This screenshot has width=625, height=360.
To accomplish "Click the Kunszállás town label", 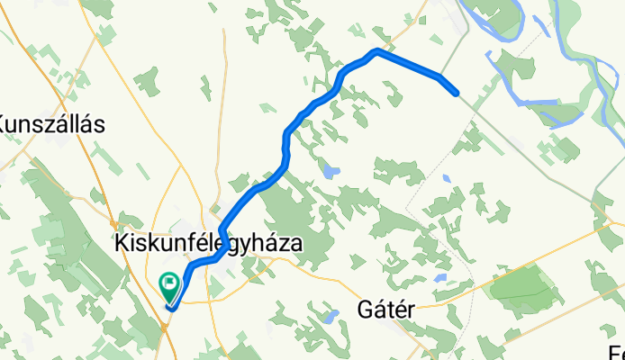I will [51, 124].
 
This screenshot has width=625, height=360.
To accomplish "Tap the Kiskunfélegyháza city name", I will [207, 243].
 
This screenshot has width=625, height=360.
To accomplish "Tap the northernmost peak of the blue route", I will [376, 51].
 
